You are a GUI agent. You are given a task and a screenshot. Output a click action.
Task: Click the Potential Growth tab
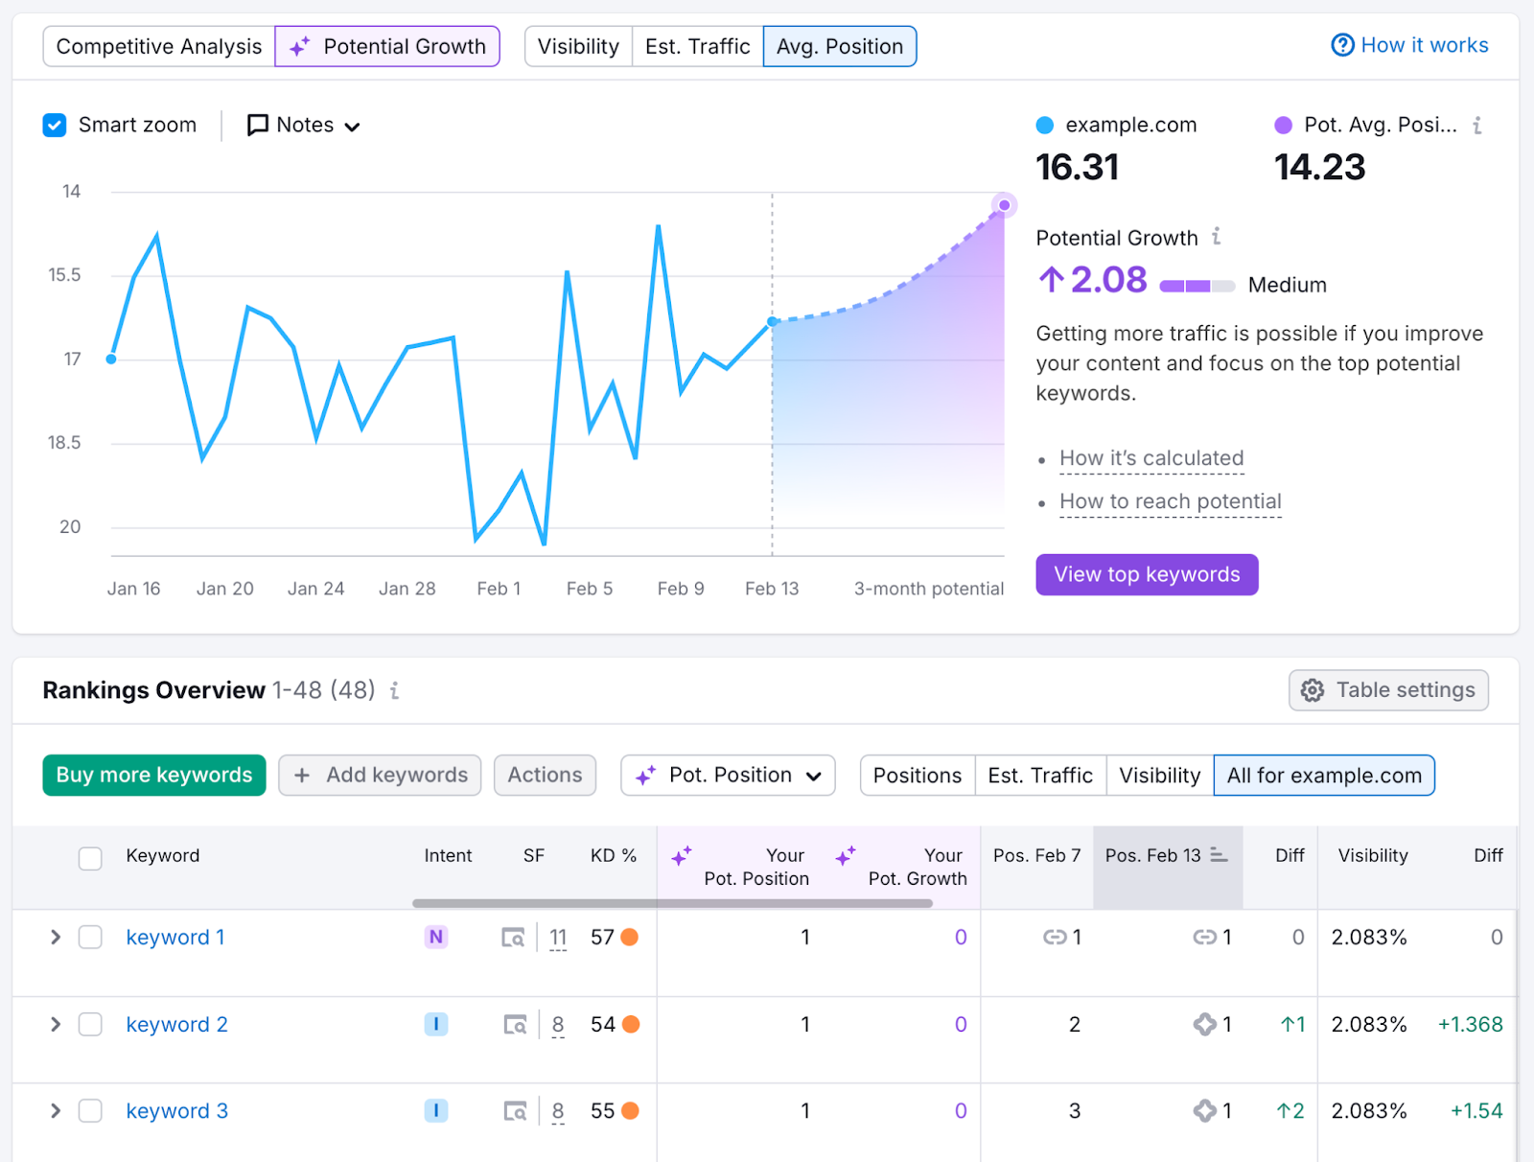(387, 46)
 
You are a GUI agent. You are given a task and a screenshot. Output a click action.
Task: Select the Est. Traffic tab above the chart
(697, 46)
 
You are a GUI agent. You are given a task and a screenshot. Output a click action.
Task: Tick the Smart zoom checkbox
(55, 126)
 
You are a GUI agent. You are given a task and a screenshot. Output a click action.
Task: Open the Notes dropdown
(304, 126)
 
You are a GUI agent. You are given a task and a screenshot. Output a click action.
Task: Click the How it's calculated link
(1151, 458)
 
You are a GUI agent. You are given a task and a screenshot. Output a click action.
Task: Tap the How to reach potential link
(1170, 501)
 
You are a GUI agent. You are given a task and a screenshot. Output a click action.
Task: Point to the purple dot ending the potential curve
(1004, 205)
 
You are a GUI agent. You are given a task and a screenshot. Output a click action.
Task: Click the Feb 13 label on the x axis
(772, 589)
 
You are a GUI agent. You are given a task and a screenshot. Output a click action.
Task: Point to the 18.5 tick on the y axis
(65, 443)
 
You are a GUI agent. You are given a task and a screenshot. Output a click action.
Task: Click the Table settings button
(1388, 690)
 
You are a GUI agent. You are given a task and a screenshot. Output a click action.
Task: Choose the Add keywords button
(381, 775)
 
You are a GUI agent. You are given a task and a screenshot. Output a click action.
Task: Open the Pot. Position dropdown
(728, 775)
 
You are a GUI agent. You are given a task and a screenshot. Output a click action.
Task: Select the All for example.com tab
(1324, 775)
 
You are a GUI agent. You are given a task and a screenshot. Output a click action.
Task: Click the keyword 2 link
(177, 1025)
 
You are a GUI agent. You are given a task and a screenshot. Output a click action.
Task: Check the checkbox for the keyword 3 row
(90, 1111)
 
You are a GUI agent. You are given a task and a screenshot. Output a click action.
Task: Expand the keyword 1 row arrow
(56, 938)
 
